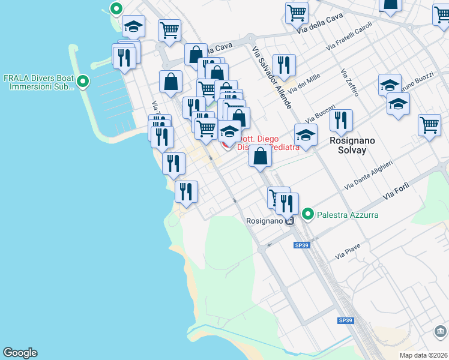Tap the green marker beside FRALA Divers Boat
(83, 80)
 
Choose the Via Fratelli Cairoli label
(349, 37)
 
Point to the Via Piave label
(348, 252)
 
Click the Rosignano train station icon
(290, 221)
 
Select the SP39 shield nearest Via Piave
(301, 245)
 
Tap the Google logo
(20, 353)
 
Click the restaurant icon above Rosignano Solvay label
(341, 120)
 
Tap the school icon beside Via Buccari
(306, 134)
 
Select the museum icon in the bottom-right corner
(441, 331)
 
